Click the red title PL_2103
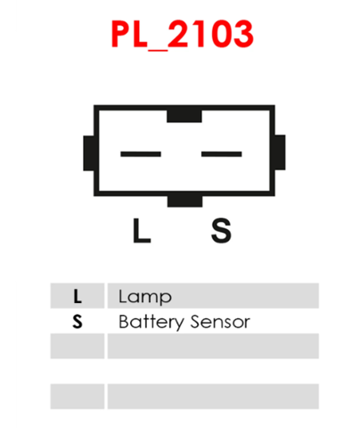pos(183,34)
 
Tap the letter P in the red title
pos(121,34)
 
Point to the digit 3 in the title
pos(242,34)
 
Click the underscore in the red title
pos(158,49)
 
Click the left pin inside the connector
pos(141,154)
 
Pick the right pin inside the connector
pos(222,154)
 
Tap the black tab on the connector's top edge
pos(184,116)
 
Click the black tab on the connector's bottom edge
pos(184,201)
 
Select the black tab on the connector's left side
pos(89,153)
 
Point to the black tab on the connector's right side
pos(280,152)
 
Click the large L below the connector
pos(142,230)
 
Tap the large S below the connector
pos(221,230)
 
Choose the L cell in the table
pos(78,296)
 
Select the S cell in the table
pos(78,321)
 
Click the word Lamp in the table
pos(145,297)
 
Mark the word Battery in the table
pos(151,322)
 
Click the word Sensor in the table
pos(220,322)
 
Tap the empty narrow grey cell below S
pos(78,346)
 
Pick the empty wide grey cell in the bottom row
pos(213,397)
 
